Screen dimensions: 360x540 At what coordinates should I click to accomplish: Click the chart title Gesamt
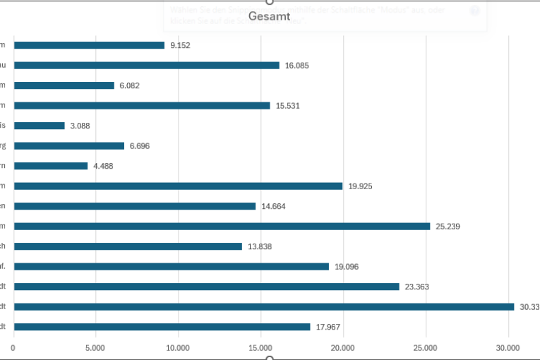pyautogui.click(x=270, y=16)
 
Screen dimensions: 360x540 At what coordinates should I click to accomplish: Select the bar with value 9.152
pyautogui.click(x=89, y=45)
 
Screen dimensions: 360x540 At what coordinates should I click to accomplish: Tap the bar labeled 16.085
pyautogui.click(x=147, y=66)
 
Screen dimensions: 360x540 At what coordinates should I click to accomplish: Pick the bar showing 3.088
pyautogui.click(x=40, y=126)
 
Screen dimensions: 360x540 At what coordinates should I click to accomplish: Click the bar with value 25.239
pyautogui.click(x=222, y=227)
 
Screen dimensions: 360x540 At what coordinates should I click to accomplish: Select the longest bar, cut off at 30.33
pyautogui.click(x=264, y=307)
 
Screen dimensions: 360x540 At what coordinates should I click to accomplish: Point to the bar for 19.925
pyautogui.click(x=178, y=186)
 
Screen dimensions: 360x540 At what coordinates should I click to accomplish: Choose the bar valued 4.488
pyautogui.click(x=51, y=166)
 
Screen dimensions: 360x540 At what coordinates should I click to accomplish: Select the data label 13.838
pyautogui.click(x=260, y=247)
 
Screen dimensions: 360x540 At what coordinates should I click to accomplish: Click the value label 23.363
pyautogui.click(x=417, y=287)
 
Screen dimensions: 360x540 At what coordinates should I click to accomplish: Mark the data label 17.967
pyautogui.click(x=328, y=328)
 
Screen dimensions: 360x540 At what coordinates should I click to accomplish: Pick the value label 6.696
pyautogui.click(x=140, y=146)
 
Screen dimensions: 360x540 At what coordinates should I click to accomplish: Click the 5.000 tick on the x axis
pyautogui.click(x=95, y=347)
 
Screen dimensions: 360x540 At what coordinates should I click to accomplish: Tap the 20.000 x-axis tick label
pyautogui.click(x=342, y=347)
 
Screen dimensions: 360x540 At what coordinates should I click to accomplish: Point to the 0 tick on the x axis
pyautogui.click(x=13, y=347)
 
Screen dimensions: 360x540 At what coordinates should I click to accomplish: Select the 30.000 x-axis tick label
pyautogui.click(x=508, y=347)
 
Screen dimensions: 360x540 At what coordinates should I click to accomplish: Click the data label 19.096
pyautogui.click(x=349, y=267)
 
